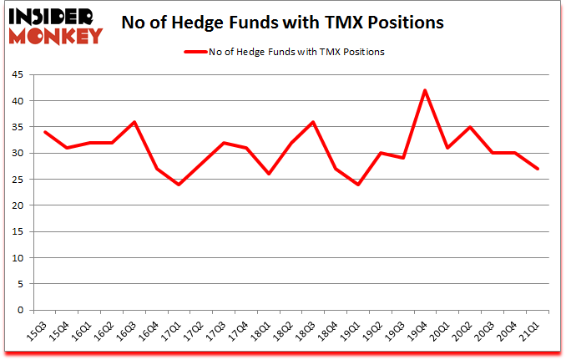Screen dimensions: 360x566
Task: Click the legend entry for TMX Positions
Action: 284,52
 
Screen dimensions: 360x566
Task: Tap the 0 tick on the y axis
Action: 23,311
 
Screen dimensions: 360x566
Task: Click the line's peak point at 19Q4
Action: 425,90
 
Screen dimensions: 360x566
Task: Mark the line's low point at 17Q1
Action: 179,185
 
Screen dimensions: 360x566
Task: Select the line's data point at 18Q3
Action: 313,122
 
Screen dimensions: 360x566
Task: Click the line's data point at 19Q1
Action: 358,185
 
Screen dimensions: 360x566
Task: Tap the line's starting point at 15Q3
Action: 45,132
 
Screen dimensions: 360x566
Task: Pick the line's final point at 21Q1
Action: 537,169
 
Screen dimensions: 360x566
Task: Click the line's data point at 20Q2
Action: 470,127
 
